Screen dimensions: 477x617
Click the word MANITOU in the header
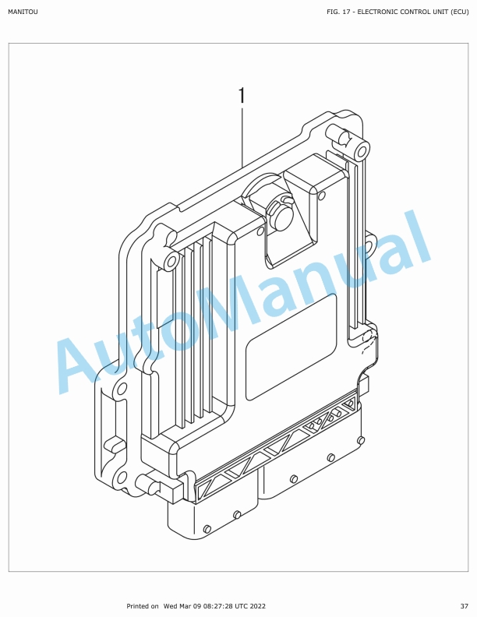click(x=23, y=12)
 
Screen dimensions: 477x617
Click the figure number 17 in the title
click(x=346, y=12)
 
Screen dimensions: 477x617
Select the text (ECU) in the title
click(x=460, y=12)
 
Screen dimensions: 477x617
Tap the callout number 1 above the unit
click(x=242, y=96)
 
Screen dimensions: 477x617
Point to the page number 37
click(x=465, y=606)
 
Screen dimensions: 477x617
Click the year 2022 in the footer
click(x=258, y=606)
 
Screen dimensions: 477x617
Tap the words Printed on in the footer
click(x=143, y=606)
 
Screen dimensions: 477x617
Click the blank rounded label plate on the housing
click(x=291, y=347)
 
